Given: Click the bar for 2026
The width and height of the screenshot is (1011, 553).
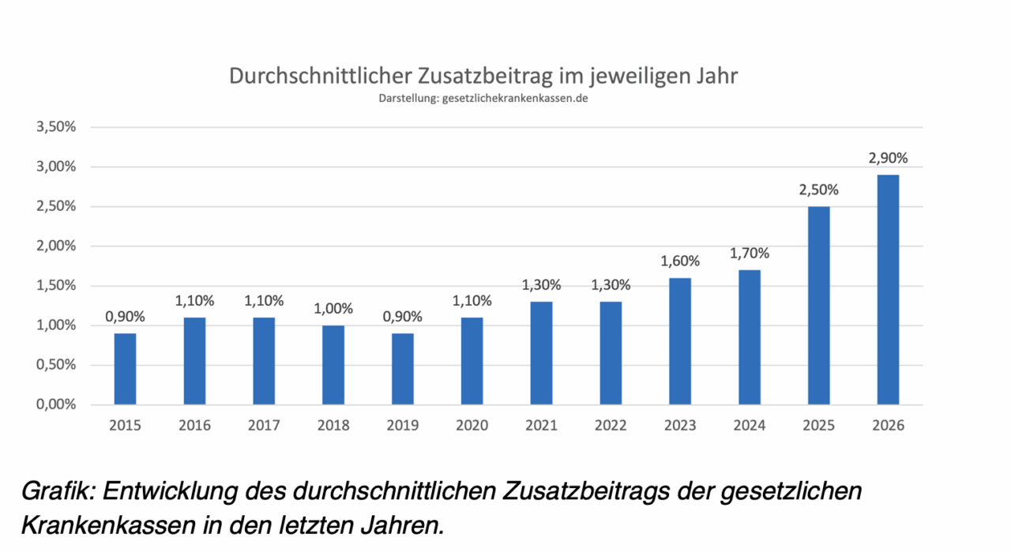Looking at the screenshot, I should point(888,289).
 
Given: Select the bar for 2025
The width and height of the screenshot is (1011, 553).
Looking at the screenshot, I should point(818,306).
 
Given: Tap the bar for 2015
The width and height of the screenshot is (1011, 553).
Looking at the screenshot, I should point(125,369).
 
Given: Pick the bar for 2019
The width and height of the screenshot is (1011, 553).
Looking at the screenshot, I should point(403,369).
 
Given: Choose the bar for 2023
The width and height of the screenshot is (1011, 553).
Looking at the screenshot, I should point(680,341).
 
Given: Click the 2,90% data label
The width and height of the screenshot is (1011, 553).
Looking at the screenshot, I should point(888,158).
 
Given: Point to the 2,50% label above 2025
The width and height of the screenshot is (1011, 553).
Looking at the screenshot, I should point(818,190).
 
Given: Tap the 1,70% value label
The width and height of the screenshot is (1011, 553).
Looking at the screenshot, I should point(750,254).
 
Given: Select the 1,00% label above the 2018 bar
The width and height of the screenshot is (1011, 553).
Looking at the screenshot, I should point(333,309).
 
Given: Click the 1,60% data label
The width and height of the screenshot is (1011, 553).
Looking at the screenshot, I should point(680,261).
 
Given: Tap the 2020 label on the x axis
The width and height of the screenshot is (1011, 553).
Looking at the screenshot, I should point(472,426).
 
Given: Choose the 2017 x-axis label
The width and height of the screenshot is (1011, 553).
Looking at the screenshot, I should point(264,426).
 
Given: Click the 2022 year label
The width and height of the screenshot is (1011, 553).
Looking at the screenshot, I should point(611,426).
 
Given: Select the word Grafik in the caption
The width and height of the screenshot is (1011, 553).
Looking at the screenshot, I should point(56,491).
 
